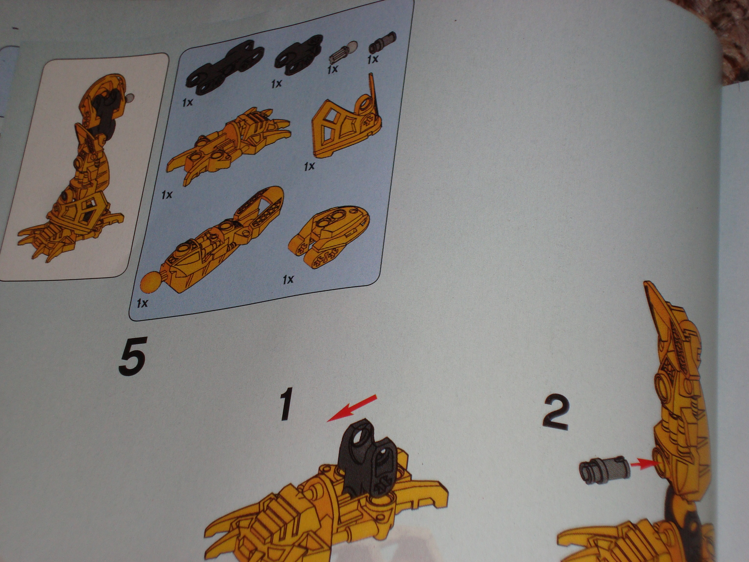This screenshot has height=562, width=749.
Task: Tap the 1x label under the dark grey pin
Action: pyautogui.click(x=373, y=60)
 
